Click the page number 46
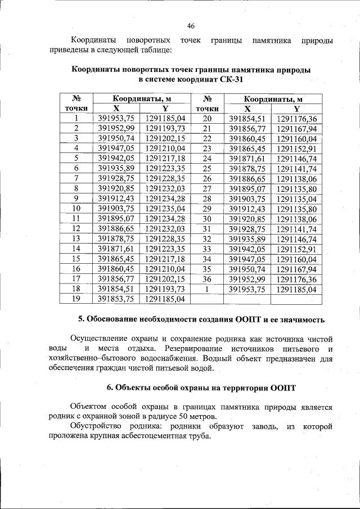[190, 26]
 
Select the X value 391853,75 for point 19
[116, 299]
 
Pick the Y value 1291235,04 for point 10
[165, 209]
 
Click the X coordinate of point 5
[116, 159]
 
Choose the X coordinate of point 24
[247, 159]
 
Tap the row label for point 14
[76, 249]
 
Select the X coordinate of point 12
[116, 229]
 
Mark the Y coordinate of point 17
[165, 279]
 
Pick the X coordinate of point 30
[247, 219]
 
